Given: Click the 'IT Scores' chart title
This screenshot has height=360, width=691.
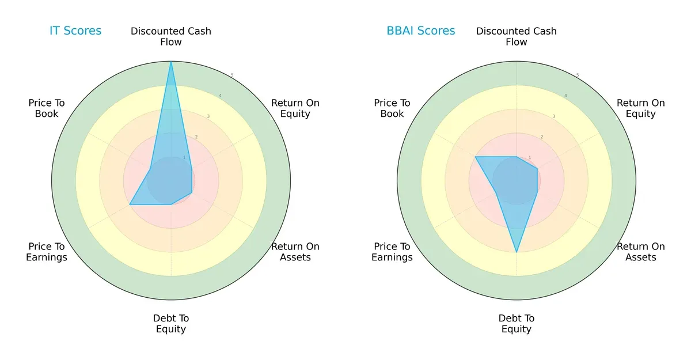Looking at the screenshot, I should pos(75,31).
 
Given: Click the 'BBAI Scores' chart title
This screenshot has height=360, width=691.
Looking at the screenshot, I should pos(420,31).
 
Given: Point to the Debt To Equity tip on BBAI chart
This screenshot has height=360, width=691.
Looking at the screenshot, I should pos(517,252).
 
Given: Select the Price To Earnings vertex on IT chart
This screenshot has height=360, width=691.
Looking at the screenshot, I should pos(130,204).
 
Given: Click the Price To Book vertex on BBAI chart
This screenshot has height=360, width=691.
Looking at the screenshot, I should pos(476,157).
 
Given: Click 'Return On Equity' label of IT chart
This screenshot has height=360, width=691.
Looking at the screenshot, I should pos(295,108).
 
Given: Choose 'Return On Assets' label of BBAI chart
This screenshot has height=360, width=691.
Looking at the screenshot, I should pos(641,252).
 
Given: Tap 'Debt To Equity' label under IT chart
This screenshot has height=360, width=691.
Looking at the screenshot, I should pos(171,324).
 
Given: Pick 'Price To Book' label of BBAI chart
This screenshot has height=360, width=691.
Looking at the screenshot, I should pos(392,108).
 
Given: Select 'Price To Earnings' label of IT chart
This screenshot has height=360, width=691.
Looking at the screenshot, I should pos(47,252).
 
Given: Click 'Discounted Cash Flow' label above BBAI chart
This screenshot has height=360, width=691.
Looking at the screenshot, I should pos(517,36).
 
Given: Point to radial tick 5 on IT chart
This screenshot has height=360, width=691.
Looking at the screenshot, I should pos(232,75).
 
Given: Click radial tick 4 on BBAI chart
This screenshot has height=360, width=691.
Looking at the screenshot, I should pos(565,96).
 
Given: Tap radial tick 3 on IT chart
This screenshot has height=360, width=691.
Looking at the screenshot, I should pos(208,116).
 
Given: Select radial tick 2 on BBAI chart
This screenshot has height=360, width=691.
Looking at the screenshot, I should pos(542,137).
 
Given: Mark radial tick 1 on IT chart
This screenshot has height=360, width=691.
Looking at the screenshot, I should pos(184,157).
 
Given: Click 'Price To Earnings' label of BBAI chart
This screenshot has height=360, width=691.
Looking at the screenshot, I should pos(392,252).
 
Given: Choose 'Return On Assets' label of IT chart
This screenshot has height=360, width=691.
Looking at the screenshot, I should pos(295,252).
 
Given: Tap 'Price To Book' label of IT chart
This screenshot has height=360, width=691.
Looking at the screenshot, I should pos(47,108).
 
